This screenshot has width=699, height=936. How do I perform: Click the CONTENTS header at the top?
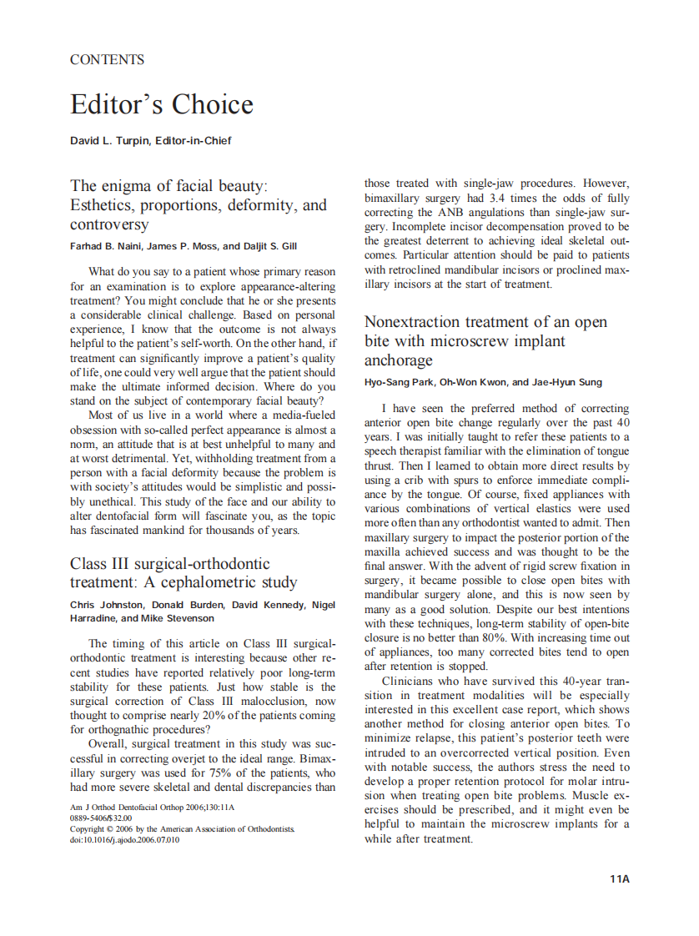tap(107, 60)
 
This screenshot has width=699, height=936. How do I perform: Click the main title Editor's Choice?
tap(161, 105)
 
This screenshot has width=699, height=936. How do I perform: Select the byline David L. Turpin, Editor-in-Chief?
tap(150, 140)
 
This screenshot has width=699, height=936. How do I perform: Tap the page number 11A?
tap(619, 878)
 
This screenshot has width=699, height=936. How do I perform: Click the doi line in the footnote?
tap(124, 840)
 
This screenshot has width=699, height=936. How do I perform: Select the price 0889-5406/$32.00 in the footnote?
tap(101, 818)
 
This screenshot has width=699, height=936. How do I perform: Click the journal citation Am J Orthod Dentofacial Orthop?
tap(133, 808)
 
